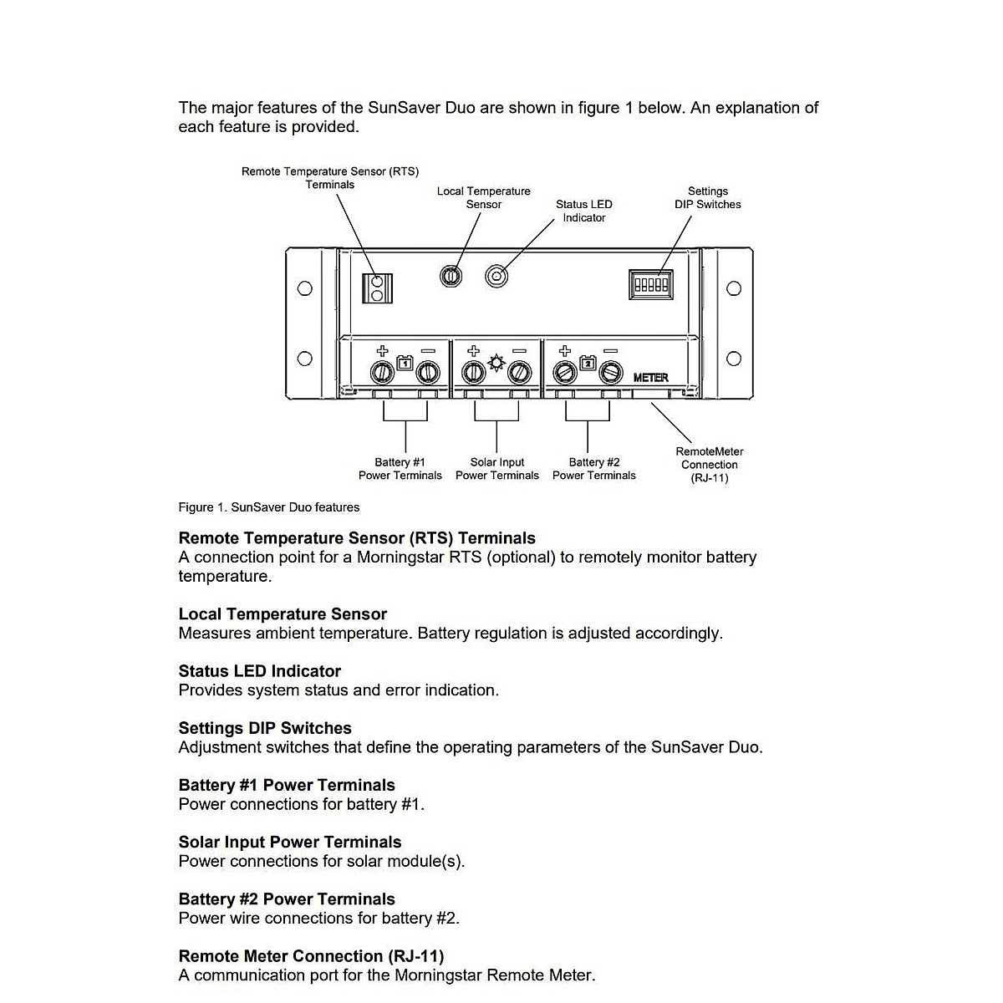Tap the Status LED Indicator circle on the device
point(496,276)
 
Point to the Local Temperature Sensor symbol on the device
point(451,275)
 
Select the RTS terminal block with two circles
point(377,288)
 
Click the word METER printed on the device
point(650,378)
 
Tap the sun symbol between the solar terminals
point(496,362)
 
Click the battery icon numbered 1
point(405,363)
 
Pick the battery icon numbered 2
point(588,363)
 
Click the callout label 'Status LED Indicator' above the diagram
point(583,211)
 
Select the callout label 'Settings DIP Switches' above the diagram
point(707,198)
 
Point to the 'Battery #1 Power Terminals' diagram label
point(400,469)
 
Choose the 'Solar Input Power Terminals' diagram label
point(496,469)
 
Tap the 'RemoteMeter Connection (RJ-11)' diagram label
point(709,465)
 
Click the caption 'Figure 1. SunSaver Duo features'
point(268,507)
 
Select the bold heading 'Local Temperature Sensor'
point(283,614)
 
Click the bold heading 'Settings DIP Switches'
point(264,728)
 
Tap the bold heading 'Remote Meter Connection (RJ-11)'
point(311,956)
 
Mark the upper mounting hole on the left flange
point(305,288)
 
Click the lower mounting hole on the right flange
point(734,359)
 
